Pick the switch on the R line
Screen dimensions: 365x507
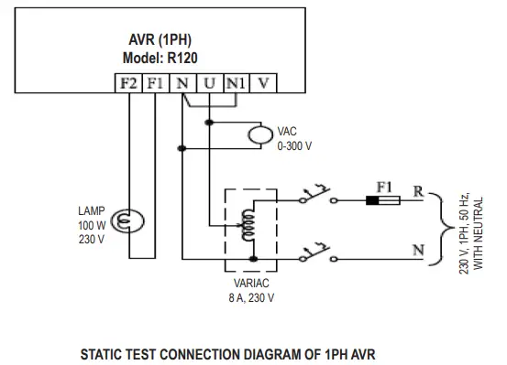(316, 196)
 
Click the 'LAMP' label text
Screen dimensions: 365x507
(93, 210)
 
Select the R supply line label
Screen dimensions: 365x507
(418, 191)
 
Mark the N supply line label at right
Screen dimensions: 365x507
(419, 248)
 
